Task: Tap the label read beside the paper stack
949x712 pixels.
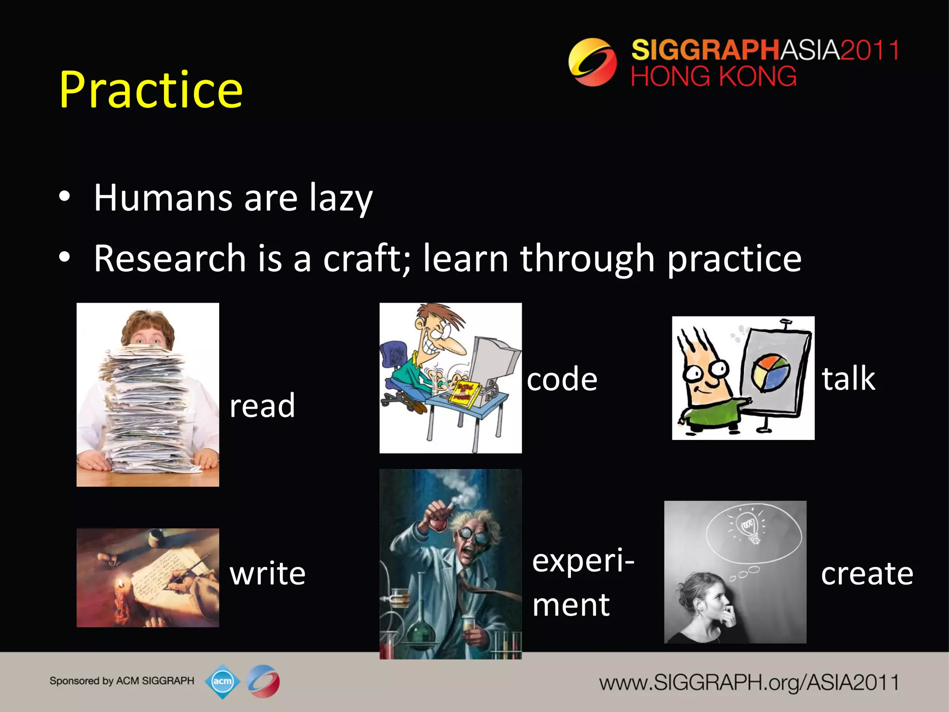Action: coord(262,406)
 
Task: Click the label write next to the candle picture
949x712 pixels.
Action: coord(267,573)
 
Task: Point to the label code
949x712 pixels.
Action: coord(562,379)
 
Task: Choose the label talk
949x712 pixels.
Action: coord(848,379)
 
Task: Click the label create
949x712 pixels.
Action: coord(867,573)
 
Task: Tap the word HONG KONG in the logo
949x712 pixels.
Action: coord(713,76)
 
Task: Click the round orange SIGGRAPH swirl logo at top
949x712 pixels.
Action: coord(592,62)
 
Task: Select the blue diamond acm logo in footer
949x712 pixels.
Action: coord(222,681)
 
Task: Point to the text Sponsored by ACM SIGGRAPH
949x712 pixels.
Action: coord(122,681)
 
